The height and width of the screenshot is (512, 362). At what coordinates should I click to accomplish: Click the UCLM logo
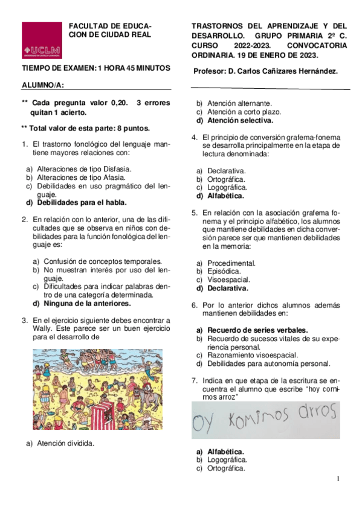pos(42,41)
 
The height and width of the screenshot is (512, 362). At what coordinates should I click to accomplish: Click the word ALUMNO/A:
pos(43,86)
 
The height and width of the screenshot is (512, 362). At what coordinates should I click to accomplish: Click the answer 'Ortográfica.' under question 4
pos(226,179)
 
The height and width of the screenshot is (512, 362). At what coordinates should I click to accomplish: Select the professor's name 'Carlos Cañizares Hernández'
pos(286,71)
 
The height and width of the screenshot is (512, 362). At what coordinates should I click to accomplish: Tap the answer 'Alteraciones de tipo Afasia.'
pos(81,178)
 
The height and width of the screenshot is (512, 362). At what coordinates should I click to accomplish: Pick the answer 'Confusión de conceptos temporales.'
pos(102,261)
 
